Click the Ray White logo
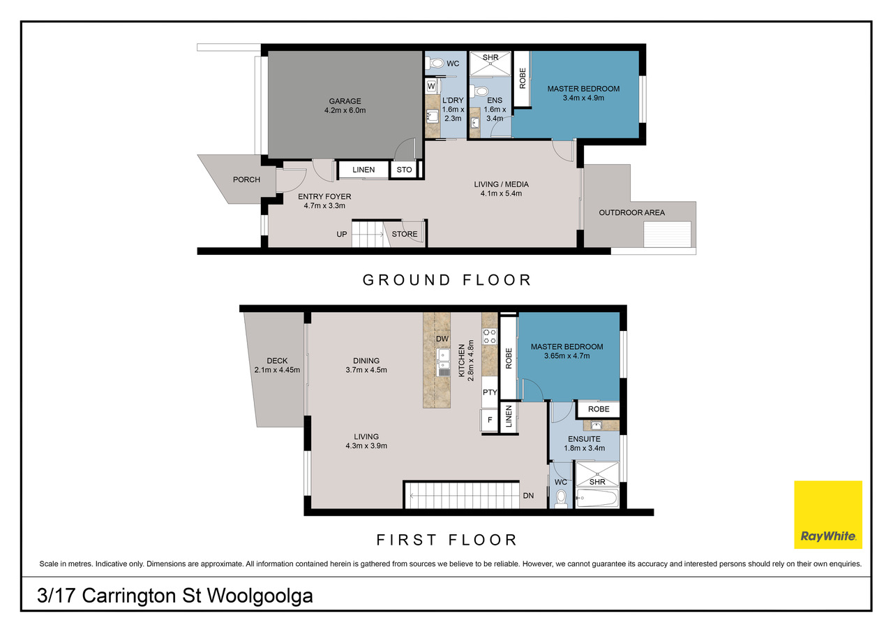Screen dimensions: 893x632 tap(828, 514)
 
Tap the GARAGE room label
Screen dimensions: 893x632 tap(345, 101)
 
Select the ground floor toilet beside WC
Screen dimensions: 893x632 tap(435, 63)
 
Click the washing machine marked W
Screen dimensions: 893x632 tap(432, 86)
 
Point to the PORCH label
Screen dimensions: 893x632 tap(246, 179)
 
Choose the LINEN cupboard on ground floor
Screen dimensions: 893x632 tap(363, 170)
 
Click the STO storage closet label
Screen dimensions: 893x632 tap(404, 170)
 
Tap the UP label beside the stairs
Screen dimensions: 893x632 tap(342, 234)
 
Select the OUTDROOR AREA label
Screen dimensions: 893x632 tap(632, 213)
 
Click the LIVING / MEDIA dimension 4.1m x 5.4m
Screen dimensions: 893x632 tap(501, 193)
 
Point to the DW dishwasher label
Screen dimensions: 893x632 tap(442, 339)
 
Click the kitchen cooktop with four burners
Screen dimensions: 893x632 tap(490, 336)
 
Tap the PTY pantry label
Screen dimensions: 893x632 tap(490, 392)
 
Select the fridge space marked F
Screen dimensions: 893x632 tap(490, 420)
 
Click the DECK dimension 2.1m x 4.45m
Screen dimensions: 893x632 tap(277, 370)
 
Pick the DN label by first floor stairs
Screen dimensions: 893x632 tap(528, 496)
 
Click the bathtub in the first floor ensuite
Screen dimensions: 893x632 tap(596, 498)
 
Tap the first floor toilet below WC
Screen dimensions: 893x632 tap(561, 499)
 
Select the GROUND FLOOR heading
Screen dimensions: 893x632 tap(446, 280)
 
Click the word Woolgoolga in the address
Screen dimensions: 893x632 tap(260, 596)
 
